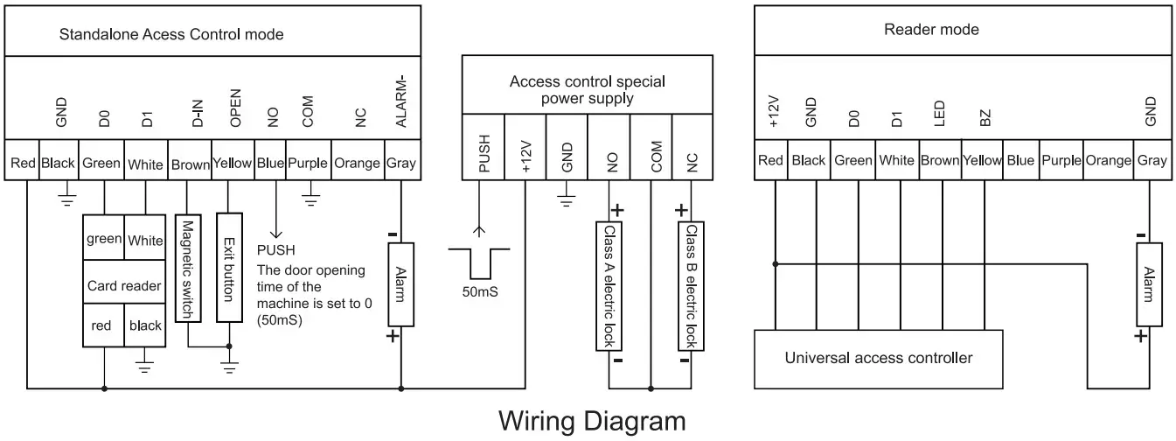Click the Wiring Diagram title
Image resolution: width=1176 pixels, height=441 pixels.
(592, 422)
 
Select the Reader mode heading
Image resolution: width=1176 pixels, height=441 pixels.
(931, 30)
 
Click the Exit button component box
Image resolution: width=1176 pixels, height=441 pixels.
(229, 268)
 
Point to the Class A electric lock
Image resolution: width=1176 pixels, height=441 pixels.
(609, 286)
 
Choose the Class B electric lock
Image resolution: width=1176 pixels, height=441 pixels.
(691, 286)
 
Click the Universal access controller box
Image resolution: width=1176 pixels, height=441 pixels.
(879, 359)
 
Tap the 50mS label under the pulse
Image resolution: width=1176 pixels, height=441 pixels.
(480, 291)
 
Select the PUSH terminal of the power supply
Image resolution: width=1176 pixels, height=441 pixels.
(483, 147)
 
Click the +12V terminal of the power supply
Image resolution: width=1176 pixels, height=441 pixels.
(525, 147)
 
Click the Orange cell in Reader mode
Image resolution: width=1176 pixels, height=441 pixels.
(1109, 160)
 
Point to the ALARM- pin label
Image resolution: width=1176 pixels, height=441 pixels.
(401, 101)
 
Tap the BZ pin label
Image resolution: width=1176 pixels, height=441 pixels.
(985, 118)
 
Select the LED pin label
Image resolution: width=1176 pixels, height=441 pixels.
(940, 114)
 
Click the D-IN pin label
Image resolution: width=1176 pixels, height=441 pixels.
(198, 114)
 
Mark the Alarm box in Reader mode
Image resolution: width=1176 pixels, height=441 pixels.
(1149, 284)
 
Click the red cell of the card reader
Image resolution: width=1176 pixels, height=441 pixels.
(103, 325)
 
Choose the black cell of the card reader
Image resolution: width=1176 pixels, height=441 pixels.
(145, 325)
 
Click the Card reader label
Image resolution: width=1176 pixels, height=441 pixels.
(124, 286)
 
